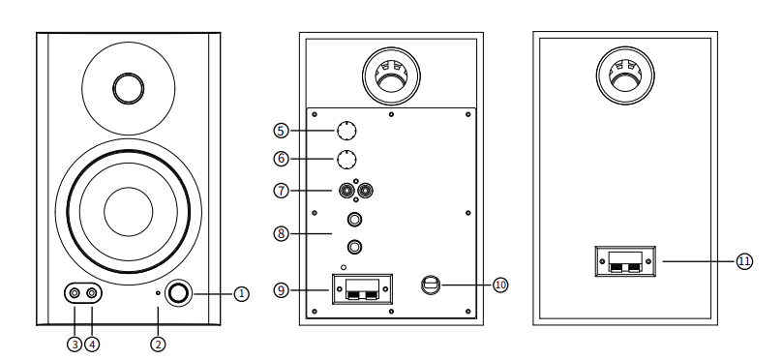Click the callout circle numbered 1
[x=241, y=294]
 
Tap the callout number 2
[x=158, y=345]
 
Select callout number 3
[x=75, y=345]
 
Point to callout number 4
[x=92, y=345]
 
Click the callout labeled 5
[x=282, y=131]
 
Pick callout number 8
[x=282, y=233]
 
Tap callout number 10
[x=500, y=285]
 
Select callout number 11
[x=744, y=261]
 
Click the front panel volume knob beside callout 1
[x=178, y=293]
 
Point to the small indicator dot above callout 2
[x=158, y=293]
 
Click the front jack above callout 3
[x=75, y=293]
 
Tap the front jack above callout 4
[x=92, y=293]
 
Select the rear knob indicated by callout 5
[x=346, y=131]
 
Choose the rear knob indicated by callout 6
[x=346, y=160]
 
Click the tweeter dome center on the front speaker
[x=128, y=88]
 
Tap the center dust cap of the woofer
[x=128, y=211]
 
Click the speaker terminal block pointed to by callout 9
[x=363, y=289]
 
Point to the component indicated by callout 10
[x=431, y=285]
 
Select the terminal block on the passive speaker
[x=625, y=261]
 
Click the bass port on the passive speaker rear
[x=625, y=75]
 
